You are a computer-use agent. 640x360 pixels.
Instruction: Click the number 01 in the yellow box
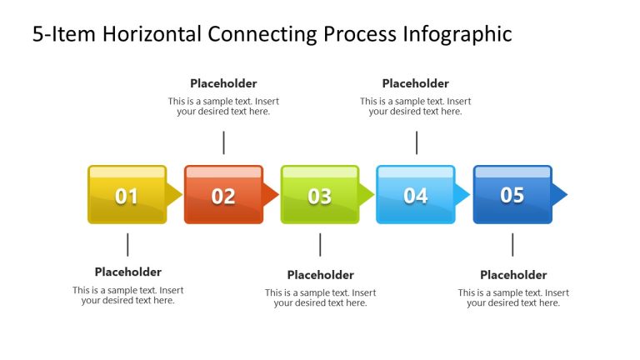pos(127,197)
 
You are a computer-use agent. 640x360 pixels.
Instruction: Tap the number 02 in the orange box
pos(223,197)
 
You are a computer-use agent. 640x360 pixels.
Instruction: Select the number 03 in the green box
pos(320,197)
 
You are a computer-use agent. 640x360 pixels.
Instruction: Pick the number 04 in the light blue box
pos(416,196)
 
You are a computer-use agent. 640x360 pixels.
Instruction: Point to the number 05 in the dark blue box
pos(512,195)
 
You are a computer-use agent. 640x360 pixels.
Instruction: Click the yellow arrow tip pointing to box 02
pos(174,195)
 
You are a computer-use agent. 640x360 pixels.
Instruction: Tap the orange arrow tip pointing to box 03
pos(270,195)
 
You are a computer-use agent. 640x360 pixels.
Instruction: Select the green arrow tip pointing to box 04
pos(367,195)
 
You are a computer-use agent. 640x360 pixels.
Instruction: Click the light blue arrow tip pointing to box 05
pos(462,195)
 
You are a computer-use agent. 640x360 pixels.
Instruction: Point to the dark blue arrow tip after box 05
pos(559,195)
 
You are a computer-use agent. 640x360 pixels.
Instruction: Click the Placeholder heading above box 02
pos(223,83)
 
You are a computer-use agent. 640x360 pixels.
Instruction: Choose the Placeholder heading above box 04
pos(416,83)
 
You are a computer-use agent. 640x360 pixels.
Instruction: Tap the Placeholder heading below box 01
pos(127,272)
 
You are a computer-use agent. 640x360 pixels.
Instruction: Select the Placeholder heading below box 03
pos(320,275)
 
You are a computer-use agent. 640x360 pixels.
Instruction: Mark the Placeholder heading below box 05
pos(513,275)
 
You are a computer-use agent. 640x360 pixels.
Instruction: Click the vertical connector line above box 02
pos(223,142)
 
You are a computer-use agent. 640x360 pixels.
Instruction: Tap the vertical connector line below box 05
pos(512,244)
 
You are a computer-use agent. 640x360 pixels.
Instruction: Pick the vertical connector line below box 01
pos(127,244)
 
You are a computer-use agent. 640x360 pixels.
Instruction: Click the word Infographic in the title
pos(457,34)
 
